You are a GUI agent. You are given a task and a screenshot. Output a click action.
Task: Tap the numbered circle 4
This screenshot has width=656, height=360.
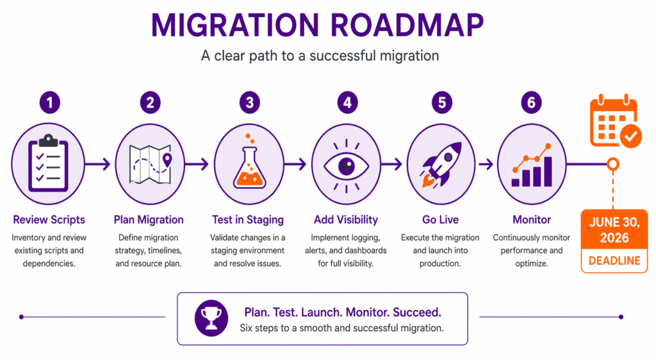click(347, 102)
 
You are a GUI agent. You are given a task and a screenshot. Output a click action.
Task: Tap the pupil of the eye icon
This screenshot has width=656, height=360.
click(347, 165)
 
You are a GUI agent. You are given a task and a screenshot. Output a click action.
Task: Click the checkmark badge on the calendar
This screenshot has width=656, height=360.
click(630, 135)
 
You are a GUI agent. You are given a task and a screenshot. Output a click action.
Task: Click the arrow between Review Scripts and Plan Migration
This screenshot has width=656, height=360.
click(99, 165)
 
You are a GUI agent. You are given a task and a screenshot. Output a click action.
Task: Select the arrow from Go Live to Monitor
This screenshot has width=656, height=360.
click(486, 165)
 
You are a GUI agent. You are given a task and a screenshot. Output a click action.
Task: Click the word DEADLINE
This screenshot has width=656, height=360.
click(614, 261)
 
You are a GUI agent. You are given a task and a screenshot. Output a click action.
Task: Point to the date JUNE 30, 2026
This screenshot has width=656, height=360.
click(614, 230)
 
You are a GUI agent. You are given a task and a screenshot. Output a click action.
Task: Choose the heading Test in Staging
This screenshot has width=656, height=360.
click(247, 220)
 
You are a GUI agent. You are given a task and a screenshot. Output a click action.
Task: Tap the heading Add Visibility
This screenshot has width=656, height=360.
click(347, 220)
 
